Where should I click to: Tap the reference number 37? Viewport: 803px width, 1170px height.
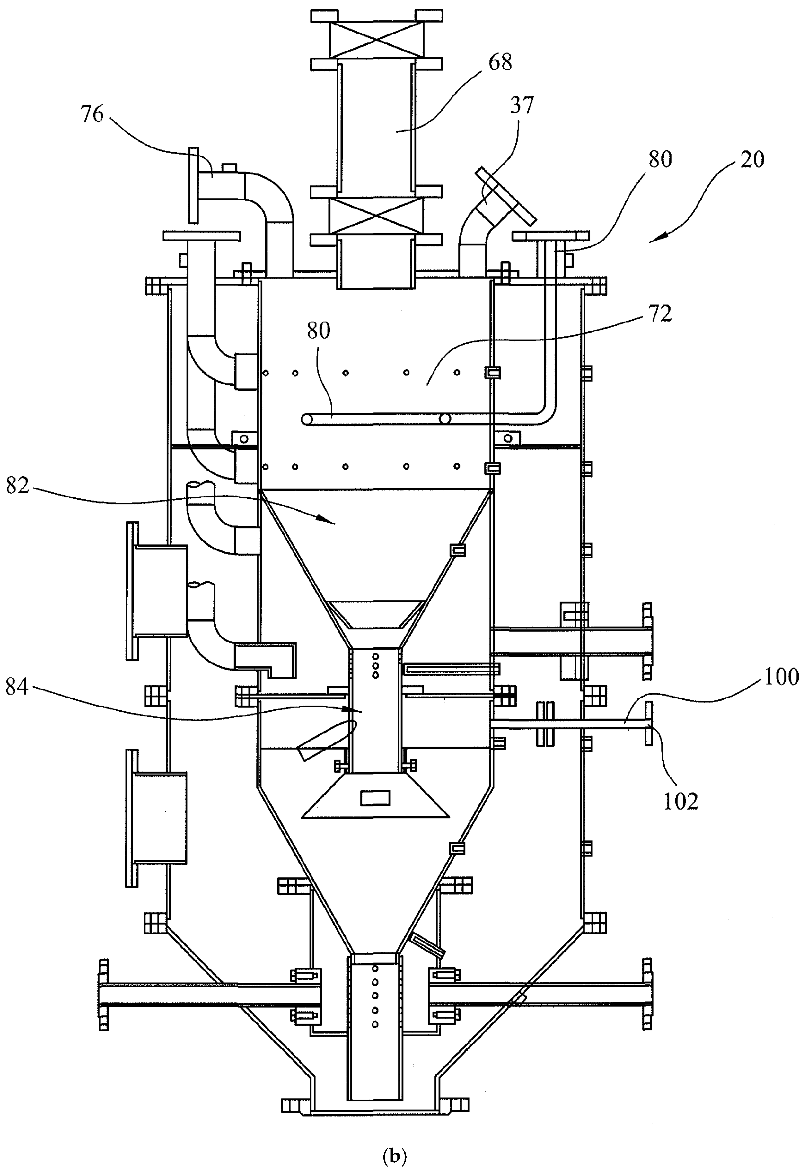[521, 106]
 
